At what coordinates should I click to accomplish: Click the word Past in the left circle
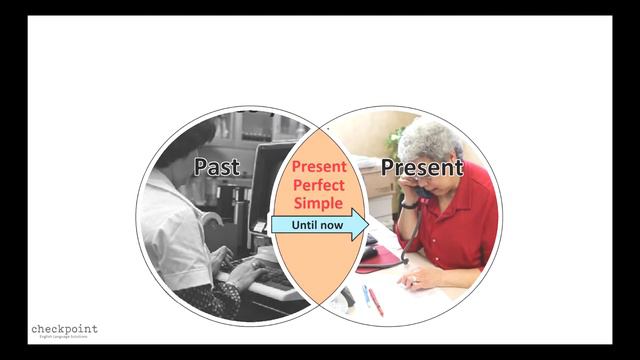(x=217, y=166)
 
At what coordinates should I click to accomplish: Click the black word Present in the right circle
(x=422, y=167)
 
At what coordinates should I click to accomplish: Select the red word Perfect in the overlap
(x=318, y=185)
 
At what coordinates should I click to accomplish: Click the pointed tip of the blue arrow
(x=365, y=225)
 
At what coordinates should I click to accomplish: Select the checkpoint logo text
(x=64, y=329)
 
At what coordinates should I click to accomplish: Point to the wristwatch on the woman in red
(x=410, y=205)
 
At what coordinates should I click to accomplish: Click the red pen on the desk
(x=376, y=302)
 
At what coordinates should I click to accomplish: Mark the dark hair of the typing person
(x=190, y=140)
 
